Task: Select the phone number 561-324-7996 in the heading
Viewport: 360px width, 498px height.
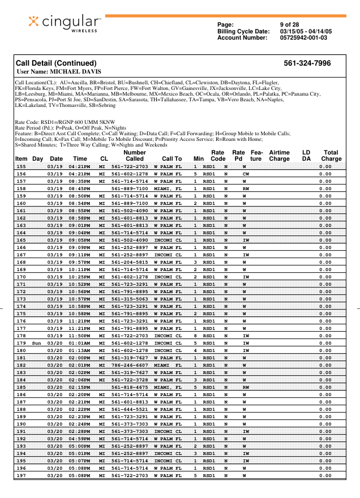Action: (x=307, y=63)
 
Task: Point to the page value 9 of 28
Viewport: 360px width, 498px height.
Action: (x=289, y=24)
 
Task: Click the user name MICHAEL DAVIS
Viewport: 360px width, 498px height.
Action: (x=59, y=72)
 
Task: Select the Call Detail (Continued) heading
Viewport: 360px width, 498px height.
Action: (x=56, y=63)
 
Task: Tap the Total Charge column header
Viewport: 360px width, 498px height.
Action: (x=331, y=156)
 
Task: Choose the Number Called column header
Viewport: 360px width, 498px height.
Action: (x=134, y=156)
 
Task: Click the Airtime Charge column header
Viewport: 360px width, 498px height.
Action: (x=279, y=156)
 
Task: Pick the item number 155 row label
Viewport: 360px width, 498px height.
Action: (x=22, y=166)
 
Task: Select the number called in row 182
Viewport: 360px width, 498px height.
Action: (x=130, y=365)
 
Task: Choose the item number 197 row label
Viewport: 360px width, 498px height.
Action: (x=22, y=475)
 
